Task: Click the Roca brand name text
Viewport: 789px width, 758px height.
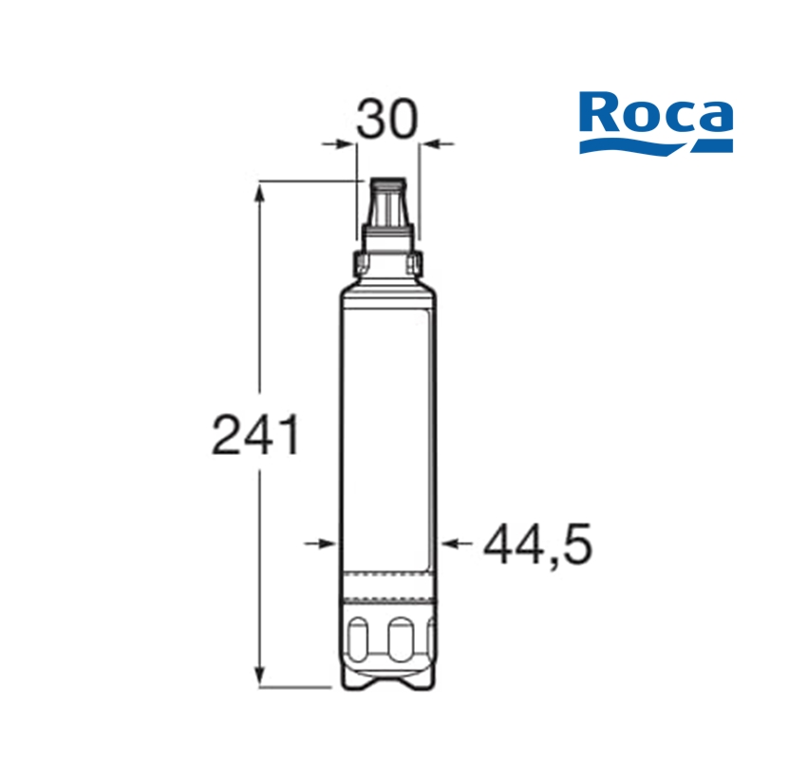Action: pos(656,112)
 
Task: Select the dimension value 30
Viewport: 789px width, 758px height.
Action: pos(387,119)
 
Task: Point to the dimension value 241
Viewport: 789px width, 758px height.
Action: pos(256,435)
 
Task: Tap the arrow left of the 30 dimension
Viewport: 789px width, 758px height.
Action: pos(339,144)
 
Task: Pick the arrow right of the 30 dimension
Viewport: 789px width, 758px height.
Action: pos(438,144)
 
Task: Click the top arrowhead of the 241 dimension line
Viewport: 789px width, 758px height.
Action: pos(259,194)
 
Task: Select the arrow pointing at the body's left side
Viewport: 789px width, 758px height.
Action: pos(321,543)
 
